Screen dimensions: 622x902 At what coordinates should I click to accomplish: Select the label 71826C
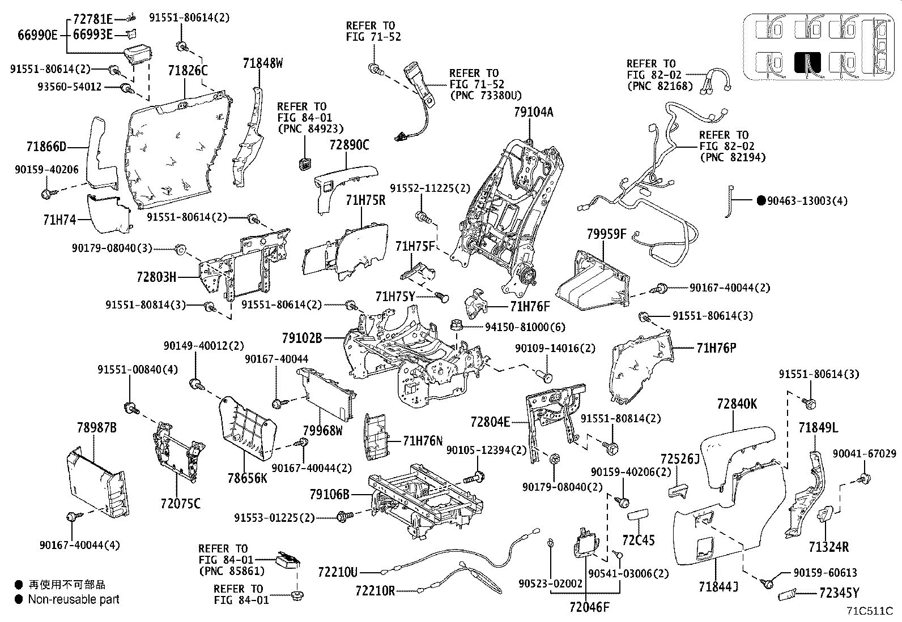click(188, 71)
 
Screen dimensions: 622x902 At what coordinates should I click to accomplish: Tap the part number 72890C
click(349, 145)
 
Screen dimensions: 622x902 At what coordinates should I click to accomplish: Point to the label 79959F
click(606, 233)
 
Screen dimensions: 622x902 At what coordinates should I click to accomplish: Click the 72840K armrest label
click(737, 405)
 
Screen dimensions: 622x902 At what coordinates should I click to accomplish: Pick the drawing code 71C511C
click(870, 611)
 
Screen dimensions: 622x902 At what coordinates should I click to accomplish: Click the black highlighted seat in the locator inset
click(807, 63)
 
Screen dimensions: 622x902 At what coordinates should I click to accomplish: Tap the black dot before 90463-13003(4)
click(761, 200)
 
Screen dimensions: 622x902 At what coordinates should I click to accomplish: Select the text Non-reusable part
click(74, 599)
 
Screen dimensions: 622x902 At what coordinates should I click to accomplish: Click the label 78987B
click(96, 427)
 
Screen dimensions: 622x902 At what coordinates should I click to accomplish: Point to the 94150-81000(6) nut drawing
click(455, 326)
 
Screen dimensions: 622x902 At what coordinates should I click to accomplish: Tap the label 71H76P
click(716, 348)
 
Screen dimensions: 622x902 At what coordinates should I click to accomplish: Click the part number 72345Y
click(839, 593)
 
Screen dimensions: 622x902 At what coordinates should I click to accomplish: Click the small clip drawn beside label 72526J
click(678, 490)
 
